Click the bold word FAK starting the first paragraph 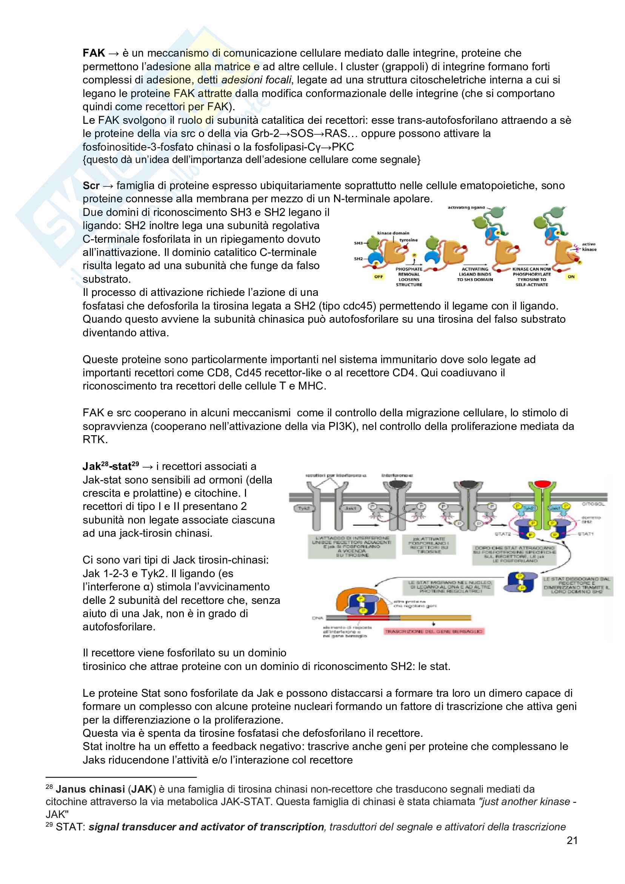94,53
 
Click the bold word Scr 91,186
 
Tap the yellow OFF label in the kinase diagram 379,276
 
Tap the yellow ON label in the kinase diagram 571,276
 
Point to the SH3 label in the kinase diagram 358,243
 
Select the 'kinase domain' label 393,233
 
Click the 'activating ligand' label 466,208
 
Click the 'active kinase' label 589,246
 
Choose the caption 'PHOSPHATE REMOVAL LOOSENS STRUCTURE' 409,277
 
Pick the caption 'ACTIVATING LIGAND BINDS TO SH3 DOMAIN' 475,274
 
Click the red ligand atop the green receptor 542,484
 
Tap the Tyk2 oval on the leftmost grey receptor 304,508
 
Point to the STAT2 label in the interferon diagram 502,534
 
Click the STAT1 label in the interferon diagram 586,534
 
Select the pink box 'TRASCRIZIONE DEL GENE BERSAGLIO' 434,631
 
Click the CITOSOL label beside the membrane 593,504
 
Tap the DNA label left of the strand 317,618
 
